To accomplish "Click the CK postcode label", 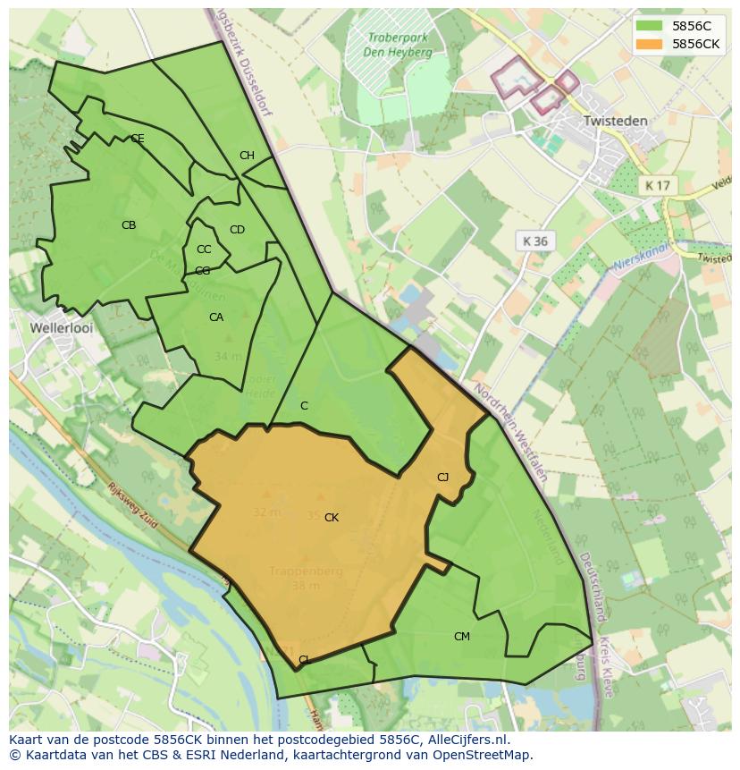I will (x=332, y=518).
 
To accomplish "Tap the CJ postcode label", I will (x=442, y=478).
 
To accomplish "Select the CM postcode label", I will (x=461, y=637).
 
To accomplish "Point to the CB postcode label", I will (x=129, y=225).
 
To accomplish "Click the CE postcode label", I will (x=138, y=139).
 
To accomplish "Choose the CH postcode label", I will (x=247, y=156).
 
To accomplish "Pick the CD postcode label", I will (x=237, y=230).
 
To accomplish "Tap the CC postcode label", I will (x=204, y=250).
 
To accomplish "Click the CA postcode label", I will (x=216, y=317).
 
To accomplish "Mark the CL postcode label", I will (x=304, y=660).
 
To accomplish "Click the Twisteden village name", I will (x=613, y=119).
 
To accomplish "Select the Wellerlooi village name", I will (x=62, y=328).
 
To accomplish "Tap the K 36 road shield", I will (x=535, y=241).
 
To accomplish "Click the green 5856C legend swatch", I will (x=650, y=26).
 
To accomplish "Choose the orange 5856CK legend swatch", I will (x=650, y=44).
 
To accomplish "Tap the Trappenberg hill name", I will (x=306, y=571).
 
